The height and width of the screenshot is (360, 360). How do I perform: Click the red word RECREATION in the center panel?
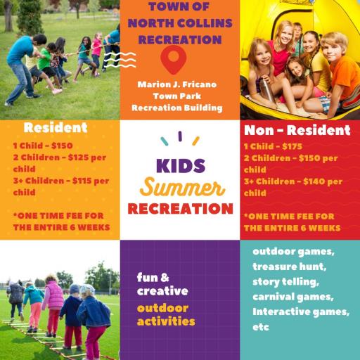(x=180, y=209)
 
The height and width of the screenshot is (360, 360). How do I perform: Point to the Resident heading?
(x=56, y=129)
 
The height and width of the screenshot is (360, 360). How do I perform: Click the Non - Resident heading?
(x=297, y=130)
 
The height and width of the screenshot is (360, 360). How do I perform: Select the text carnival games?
(x=293, y=297)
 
